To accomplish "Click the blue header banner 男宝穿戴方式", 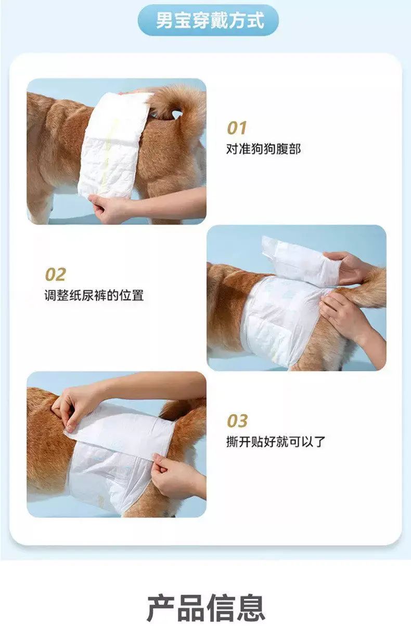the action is [x=208, y=20].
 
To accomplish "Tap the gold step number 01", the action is [x=237, y=128].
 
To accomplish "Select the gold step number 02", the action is [x=55, y=275].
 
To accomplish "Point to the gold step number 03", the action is [x=237, y=421].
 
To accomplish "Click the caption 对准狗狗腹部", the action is [x=263, y=149].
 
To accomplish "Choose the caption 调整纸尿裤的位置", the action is [x=94, y=295].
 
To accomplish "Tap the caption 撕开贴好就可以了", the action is [x=276, y=442].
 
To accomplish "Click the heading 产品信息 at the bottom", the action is [x=206, y=608].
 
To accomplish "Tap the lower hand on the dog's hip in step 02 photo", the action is [x=344, y=315].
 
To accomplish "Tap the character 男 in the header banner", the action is [x=165, y=20].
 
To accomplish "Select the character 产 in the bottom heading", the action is [x=161, y=608].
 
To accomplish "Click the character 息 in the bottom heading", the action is [x=251, y=608].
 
